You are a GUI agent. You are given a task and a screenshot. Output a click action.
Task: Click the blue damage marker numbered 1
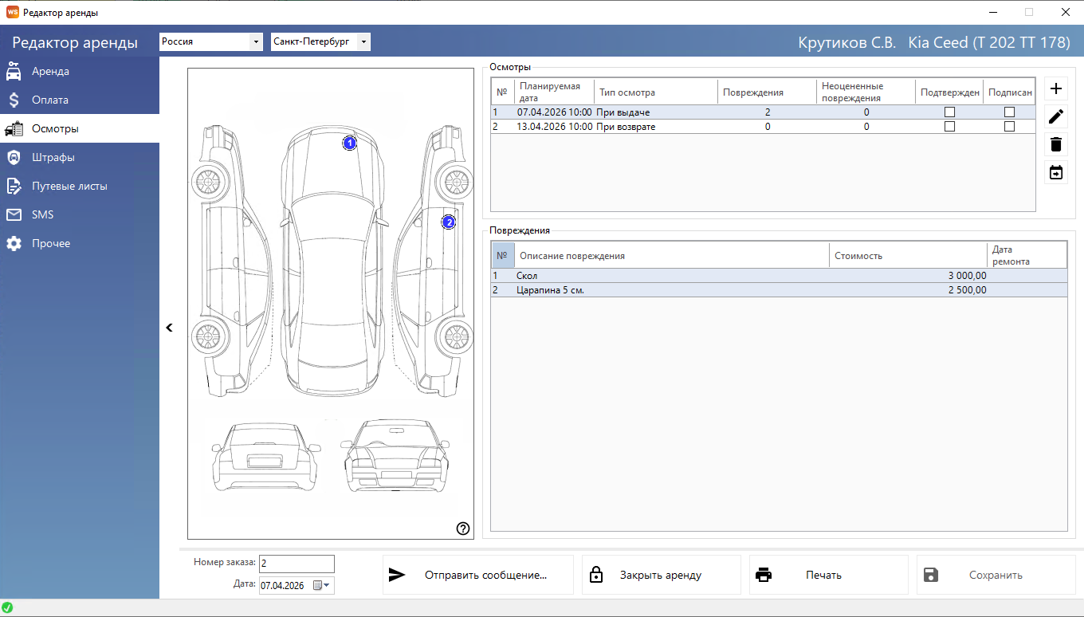(349, 143)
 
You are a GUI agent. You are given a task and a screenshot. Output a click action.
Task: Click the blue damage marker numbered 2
(449, 222)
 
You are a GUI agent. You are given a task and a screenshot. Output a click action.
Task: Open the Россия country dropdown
(211, 41)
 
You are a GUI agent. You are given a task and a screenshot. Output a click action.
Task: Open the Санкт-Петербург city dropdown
(320, 41)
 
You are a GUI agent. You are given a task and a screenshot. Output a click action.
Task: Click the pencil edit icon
(1056, 116)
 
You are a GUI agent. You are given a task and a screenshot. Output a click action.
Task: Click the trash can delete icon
(1056, 144)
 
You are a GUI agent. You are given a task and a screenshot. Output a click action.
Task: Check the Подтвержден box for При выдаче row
(949, 112)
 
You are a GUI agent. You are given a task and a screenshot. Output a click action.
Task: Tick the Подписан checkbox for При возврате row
(1009, 126)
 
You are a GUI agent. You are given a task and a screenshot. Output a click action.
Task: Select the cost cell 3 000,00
(967, 275)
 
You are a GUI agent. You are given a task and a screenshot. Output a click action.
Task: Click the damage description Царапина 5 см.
(550, 290)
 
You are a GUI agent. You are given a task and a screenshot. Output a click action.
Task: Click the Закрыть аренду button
(661, 575)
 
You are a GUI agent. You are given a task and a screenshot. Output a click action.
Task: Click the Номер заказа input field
(297, 564)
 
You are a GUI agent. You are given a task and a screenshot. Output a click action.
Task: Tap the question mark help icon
(462, 529)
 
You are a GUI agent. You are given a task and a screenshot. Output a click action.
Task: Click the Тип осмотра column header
(627, 92)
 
